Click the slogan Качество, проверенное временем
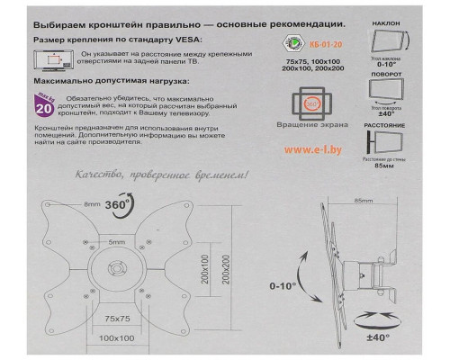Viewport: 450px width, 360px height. coord(157,175)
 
